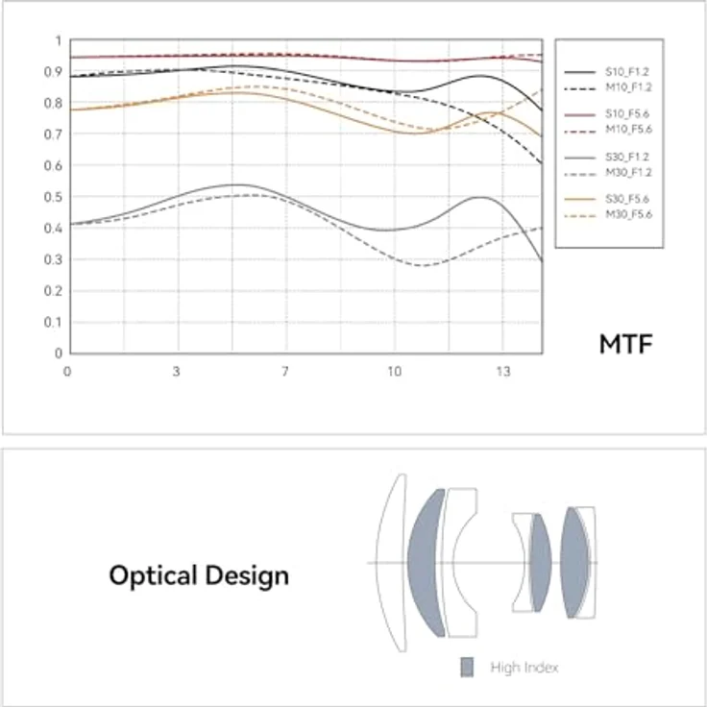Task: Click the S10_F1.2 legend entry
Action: [607, 72]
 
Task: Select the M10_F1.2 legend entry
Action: [608, 87]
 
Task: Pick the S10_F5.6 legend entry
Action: [607, 114]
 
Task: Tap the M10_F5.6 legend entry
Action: [608, 130]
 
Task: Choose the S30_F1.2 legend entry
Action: [607, 157]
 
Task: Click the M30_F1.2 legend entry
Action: [608, 173]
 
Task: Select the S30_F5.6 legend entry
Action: [607, 199]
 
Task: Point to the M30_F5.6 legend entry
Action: [608, 214]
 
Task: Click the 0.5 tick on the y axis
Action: [53, 197]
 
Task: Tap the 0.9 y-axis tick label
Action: [53, 72]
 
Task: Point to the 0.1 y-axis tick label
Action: [53, 323]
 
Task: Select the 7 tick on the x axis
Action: [285, 372]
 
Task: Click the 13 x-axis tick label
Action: [503, 372]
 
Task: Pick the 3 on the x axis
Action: [177, 372]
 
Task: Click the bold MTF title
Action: [626, 345]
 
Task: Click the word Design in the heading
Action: [247, 575]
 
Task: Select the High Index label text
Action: [524, 668]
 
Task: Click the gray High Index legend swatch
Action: [467, 668]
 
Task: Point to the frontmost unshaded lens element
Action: [389, 563]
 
